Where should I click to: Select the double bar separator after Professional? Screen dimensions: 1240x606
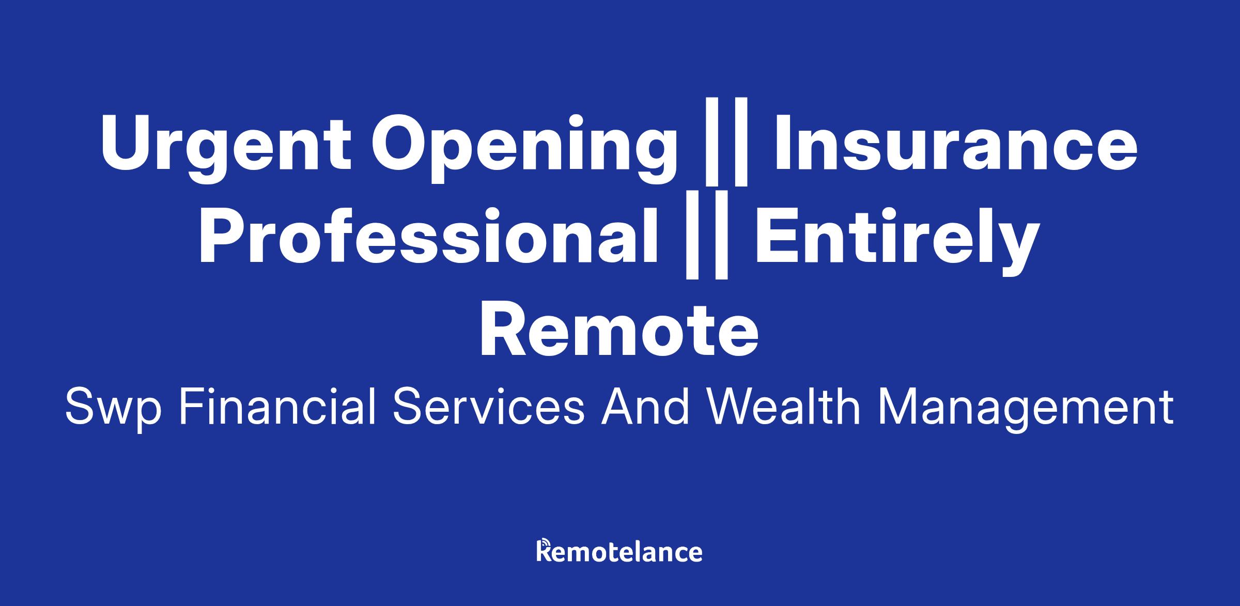point(706,235)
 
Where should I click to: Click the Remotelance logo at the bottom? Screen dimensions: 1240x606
point(619,551)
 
